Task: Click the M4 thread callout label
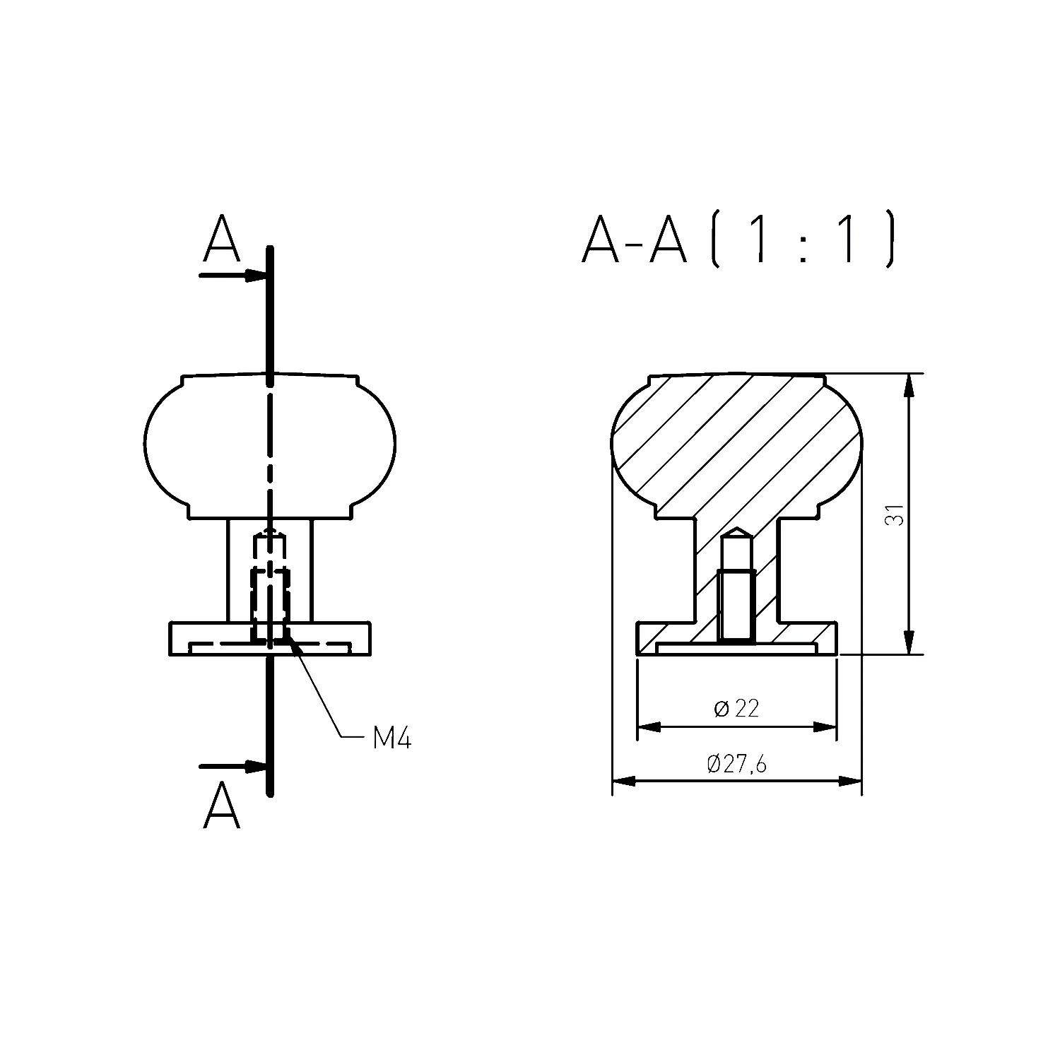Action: click(391, 738)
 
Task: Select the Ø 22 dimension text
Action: click(736, 708)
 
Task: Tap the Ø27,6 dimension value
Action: click(736, 764)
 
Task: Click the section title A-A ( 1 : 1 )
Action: click(739, 238)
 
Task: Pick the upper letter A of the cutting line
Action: click(221, 238)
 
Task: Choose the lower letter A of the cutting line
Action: click(221, 804)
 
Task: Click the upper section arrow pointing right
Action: click(234, 276)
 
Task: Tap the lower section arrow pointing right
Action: click(234, 767)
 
